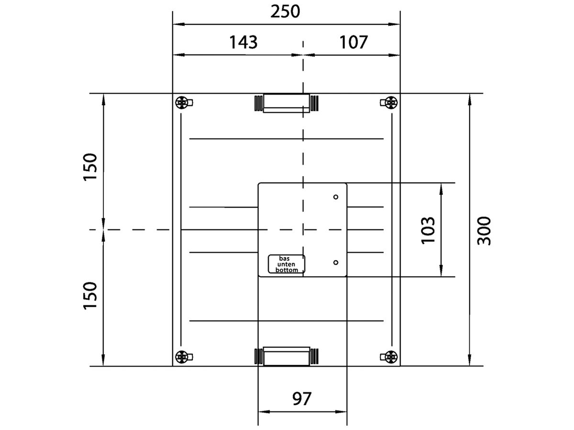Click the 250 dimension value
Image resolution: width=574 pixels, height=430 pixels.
click(x=285, y=12)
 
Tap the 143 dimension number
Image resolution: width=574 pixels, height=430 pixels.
click(x=243, y=43)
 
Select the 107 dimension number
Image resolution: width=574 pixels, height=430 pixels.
click(x=353, y=43)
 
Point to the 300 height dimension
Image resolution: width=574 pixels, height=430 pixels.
click(x=484, y=231)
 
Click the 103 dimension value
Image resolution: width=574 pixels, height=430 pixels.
click(x=428, y=231)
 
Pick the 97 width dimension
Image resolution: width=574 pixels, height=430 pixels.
click(x=302, y=398)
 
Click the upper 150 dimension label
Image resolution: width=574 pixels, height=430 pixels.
click(x=90, y=167)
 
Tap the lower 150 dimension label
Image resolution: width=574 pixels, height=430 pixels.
click(x=90, y=296)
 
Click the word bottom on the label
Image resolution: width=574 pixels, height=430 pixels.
click(x=287, y=270)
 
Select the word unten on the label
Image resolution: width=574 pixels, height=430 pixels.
click(x=286, y=265)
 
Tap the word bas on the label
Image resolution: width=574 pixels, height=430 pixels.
click(x=284, y=258)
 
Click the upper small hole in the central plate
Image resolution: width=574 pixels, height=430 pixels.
click(x=336, y=197)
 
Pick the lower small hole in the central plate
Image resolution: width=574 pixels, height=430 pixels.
click(x=336, y=262)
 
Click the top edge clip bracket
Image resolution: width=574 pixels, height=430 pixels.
click(x=287, y=103)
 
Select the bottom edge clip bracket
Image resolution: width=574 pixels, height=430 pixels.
click(x=287, y=356)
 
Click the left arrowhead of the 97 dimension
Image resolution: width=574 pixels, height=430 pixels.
click(x=264, y=412)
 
